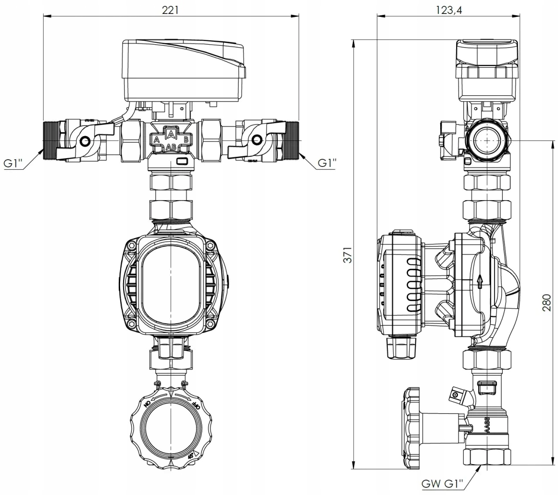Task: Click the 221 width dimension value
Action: coord(170,10)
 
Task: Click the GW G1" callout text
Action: coord(442,483)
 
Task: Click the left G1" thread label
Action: coord(14,163)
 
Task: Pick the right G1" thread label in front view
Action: coord(326,163)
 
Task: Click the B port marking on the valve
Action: coord(186,140)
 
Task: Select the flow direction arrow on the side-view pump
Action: coord(479,281)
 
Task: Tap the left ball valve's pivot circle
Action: coord(85,141)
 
